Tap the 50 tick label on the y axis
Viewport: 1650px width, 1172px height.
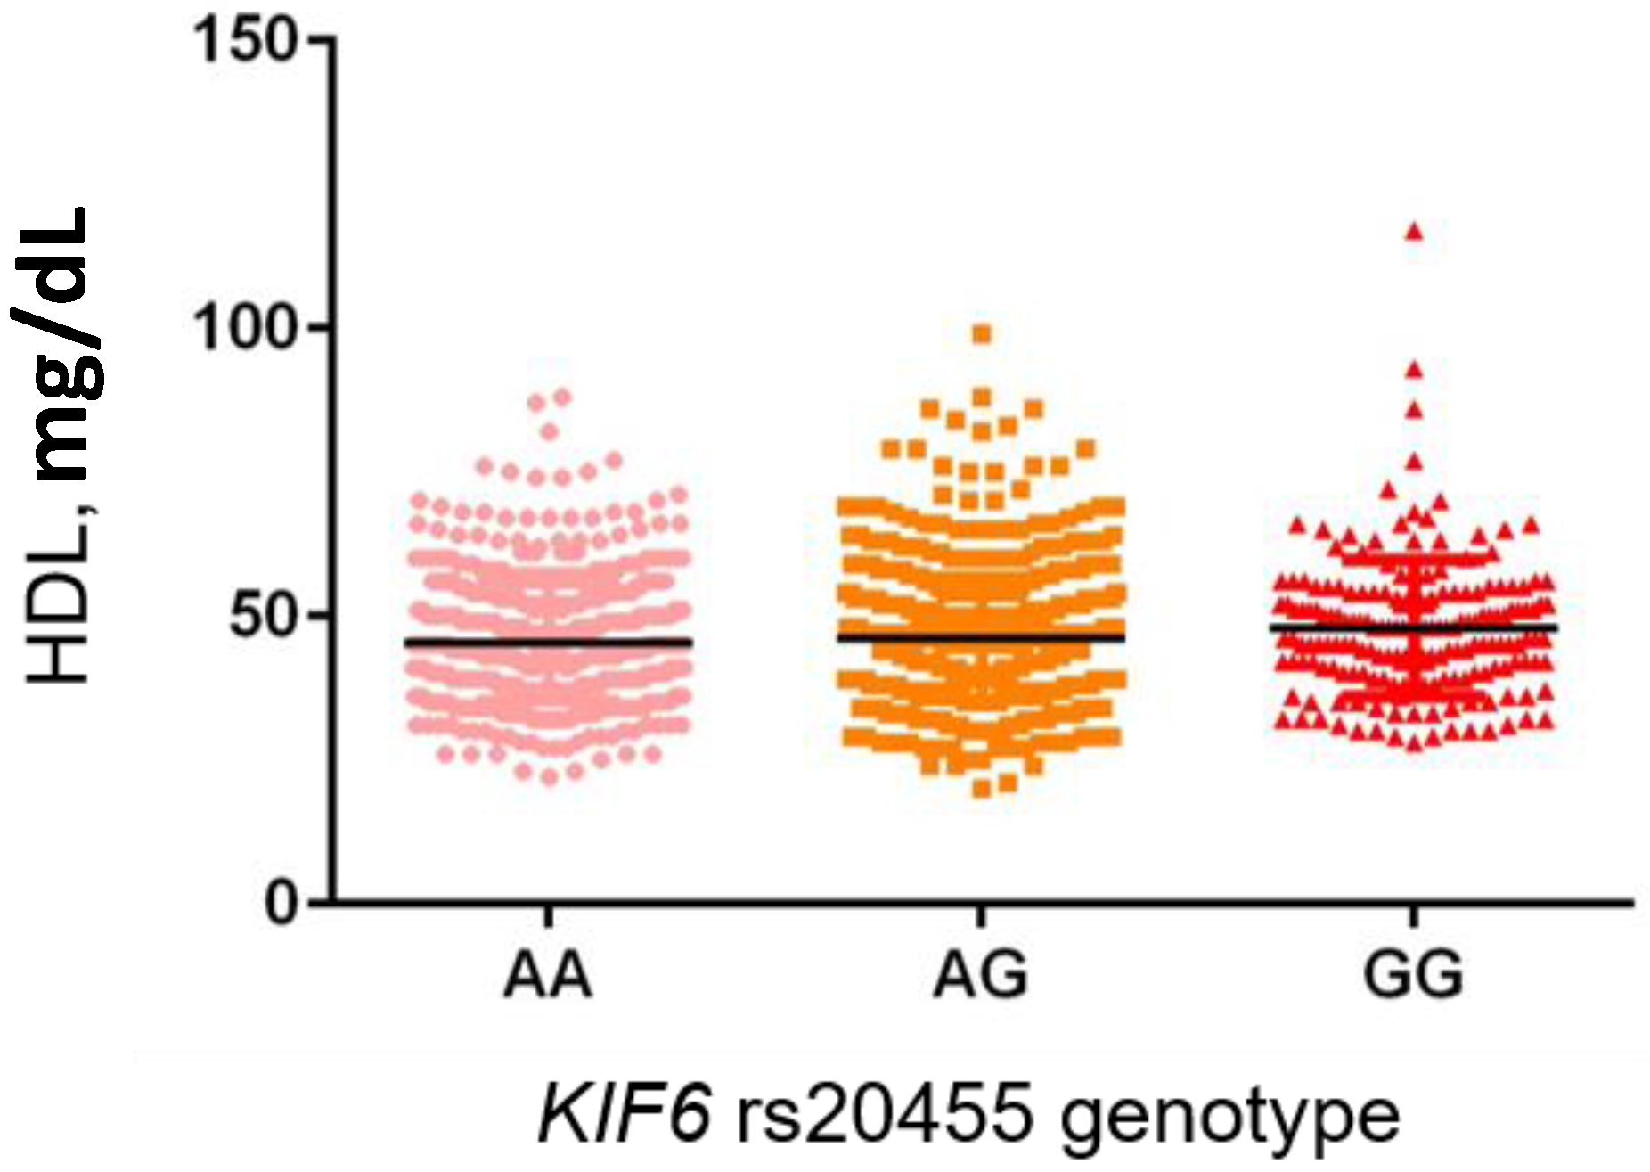(x=263, y=617)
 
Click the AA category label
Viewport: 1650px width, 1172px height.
(x=547, y=975)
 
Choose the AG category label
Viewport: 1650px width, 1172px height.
(x=980, y=975)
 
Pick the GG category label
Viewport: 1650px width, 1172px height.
(x=1413, y=975)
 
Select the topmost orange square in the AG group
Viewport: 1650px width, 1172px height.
(x=982, y=334)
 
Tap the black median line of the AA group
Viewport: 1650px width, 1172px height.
(x=548, y=642)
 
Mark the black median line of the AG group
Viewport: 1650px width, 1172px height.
(x=980, y=637)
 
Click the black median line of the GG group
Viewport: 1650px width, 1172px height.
(x=1413, y=628)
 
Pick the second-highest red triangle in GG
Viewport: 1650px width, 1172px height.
(x=1414, y=370)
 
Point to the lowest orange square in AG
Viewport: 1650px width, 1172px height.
(x=982, y=788)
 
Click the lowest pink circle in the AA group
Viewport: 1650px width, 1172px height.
(x=550, y=776)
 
